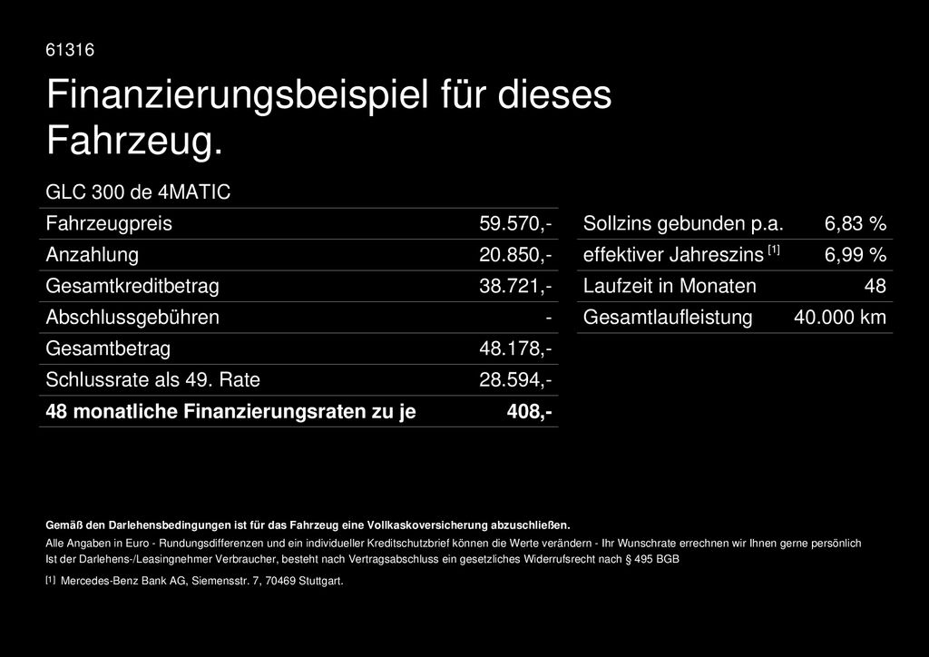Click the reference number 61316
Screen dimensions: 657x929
pyautogui.click(x=70, y=50)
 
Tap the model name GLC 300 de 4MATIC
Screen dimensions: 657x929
pyautogui.click(x=138, y=192)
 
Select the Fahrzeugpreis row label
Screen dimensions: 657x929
pyautogui.click(x=109, y=223)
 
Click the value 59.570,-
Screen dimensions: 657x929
pyautogui.click(x=515, y=223)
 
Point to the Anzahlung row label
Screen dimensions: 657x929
pyautogui.click(x=92, y=255)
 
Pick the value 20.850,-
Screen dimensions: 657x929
pyautogui.click(x=515, y=255)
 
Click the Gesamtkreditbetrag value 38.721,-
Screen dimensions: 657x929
pyautogui.click(x=515, y=286)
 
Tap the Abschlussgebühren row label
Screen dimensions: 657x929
pyautogui.click(x=132, y=318)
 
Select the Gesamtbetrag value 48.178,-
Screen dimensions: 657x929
pyautogui.click(x=515, y=348)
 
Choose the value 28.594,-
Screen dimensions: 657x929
pyautogui.click(x=515, y=379)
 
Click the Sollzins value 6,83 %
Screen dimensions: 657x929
pyautogui.click(x=855, y=223)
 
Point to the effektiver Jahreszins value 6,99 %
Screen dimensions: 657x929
pyautogui.click(x=855, y=255)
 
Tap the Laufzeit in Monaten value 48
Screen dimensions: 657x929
pyautogui.click(x=875, y=286)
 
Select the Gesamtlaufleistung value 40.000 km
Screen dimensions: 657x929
pyautogui.click(x=839, y=318)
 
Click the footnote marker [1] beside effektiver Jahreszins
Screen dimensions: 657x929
pyautogui.click(x=773, y=250)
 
